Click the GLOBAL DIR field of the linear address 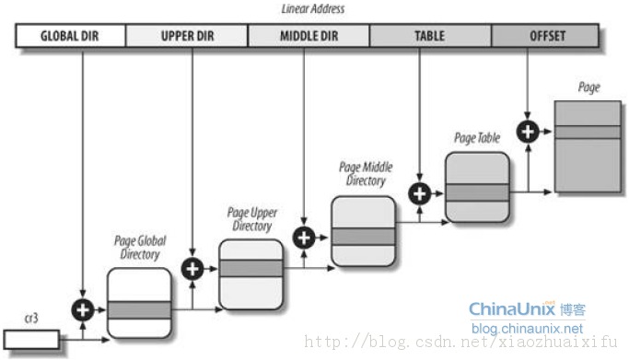[x=70, y=36]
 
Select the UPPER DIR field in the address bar [x=187, y=36]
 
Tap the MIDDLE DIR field [x=309, y=36]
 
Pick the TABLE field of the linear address [x=430, y=36]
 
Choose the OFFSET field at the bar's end [x=545, y=36]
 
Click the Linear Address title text [x=313, y=9]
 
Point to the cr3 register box [x=31, y=340]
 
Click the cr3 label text [x=31, y=319]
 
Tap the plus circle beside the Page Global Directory [x=83, y=310]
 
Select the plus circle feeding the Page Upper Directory [x=192, y=269]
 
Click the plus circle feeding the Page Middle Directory [x=304, y=238]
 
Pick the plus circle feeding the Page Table [x=420, y=194]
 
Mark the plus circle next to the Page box [x=528, y=132]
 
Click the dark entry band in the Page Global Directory [x=139, y=310]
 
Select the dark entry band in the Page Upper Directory [x=250, y=268]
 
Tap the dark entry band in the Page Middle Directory [x=363, y=237]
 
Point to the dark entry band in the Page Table [x=477, y=192]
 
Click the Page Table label [x=477, y=138]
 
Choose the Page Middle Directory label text [x=366, y=174]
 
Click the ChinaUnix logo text [x=512, y=309]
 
